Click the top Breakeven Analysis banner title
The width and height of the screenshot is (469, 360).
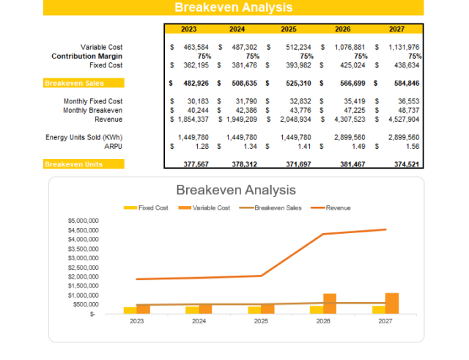233,7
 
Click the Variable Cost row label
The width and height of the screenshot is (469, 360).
101,48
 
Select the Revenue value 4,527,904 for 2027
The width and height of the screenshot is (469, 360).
400,119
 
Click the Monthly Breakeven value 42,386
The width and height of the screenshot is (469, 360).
243,110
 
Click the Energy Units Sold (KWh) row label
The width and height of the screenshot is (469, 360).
84,137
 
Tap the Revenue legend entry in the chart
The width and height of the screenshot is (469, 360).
338,207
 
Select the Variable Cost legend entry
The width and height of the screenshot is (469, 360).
209,207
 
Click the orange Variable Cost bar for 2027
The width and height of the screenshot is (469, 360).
392,303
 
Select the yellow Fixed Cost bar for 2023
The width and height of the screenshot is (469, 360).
130,310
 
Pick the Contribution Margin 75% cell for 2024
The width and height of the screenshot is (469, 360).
252,56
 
